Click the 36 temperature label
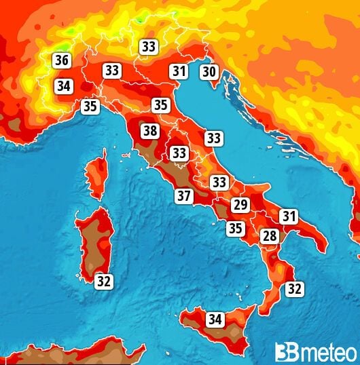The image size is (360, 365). pos(62,60)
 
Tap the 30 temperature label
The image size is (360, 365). pos(209,71)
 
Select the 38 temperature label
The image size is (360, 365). pos(150,130)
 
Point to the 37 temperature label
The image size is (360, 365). pos(183,196)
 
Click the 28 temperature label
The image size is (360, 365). pos(270,236)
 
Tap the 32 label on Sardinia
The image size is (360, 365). pos(103,281)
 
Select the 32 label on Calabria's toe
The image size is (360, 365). pos(294,288)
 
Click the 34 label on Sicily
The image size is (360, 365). pos(215,318)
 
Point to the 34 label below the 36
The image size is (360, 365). pos(64,86)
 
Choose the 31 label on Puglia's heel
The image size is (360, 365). pos(289,216)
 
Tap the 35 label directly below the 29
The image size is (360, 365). pos(235,228)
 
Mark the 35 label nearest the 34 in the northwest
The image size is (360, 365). pos(90,106)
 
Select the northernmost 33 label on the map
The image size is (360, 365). pos(149,46)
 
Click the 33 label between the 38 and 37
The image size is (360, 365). pos(179,153)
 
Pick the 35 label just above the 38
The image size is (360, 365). pos(160,104)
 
